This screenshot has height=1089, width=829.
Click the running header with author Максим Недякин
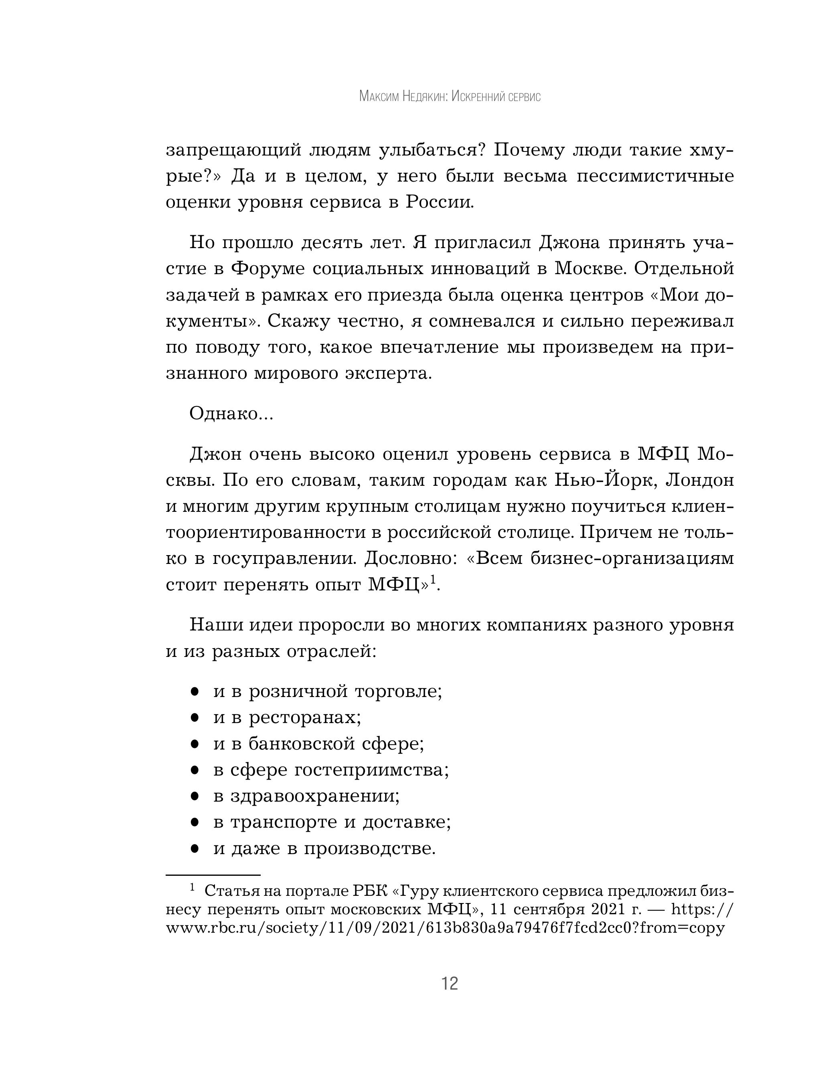click(450, 97)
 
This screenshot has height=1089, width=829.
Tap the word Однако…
click(231, 414)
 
